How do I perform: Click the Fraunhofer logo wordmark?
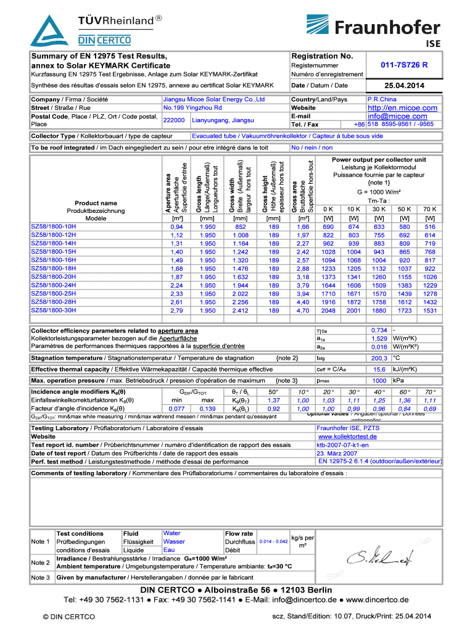[387, 27]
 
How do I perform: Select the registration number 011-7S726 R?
[404, 65]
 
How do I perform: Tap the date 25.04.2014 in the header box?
[404, 85]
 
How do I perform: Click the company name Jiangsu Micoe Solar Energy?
[213, 99]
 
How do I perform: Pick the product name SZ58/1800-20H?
[54, 277]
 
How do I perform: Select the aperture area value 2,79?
[176, 310]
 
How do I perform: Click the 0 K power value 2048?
[328, 310]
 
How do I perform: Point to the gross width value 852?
[240, 227]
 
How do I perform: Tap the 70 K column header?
[430, 209]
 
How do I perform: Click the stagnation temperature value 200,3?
[379, 358]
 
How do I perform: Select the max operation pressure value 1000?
[380, 381]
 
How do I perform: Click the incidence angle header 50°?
[273, 392]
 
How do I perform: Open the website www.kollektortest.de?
[347, 436]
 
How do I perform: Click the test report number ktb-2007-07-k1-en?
[343, 444]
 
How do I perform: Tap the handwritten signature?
[380, 559]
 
